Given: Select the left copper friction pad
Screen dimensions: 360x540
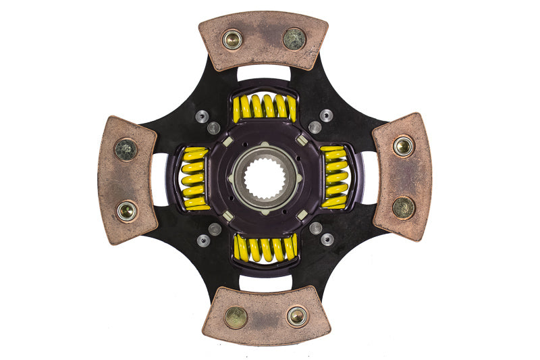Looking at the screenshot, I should tap(127, 180).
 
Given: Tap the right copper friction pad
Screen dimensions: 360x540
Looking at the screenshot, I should tap(402, 176).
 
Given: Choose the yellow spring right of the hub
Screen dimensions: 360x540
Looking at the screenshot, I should tap(334, 177).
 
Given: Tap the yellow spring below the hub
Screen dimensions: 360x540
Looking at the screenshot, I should tap(265, 248).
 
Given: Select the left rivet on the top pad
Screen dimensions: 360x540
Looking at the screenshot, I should tap(233, 40).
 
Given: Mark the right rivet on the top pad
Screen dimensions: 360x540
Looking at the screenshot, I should tap(294, 38).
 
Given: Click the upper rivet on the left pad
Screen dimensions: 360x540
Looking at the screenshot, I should tap(126, 149).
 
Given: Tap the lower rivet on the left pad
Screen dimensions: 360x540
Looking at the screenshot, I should tap(126, 211).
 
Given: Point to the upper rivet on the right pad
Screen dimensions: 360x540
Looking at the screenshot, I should tap(404, 146).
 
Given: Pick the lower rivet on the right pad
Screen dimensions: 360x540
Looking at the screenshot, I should tap(404, 207).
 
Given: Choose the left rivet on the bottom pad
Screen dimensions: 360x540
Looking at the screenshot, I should tap(236, 317).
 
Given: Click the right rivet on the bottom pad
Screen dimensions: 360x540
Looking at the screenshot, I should tap(297, 315).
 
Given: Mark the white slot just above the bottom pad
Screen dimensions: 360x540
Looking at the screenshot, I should tap(265, 282).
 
